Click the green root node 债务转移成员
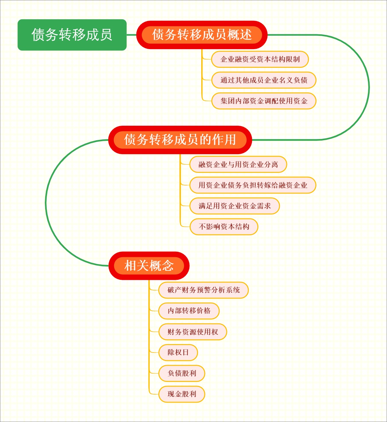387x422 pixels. tap(72, 35)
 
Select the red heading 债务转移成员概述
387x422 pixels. tap(202, 35)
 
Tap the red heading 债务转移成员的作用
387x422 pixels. tap(180, 140)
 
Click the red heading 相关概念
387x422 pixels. tap(149, 266)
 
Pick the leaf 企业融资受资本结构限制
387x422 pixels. tap(260, 59)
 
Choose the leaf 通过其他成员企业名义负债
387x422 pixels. tap(263, 80)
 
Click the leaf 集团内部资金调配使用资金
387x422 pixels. tap(263, 101)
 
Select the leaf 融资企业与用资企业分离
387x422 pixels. tap(238, 164)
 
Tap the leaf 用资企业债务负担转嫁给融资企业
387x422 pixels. tap(253, 185)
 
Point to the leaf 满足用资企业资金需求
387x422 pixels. tap(234, 206)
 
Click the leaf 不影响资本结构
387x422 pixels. tap(224, 227)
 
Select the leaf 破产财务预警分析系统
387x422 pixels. tap(203, 290)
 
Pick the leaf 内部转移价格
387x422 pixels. tap(189, 311)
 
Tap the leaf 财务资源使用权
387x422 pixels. tap(193, 332)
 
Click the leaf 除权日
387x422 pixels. tap(178, 353)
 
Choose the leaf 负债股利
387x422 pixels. tap(182, 373)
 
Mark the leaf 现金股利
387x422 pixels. tap(182, 394)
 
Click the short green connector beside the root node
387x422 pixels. tap(132, 35)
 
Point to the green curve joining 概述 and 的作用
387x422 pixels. tap(369, 87)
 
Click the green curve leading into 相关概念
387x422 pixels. tap(46, 204)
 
